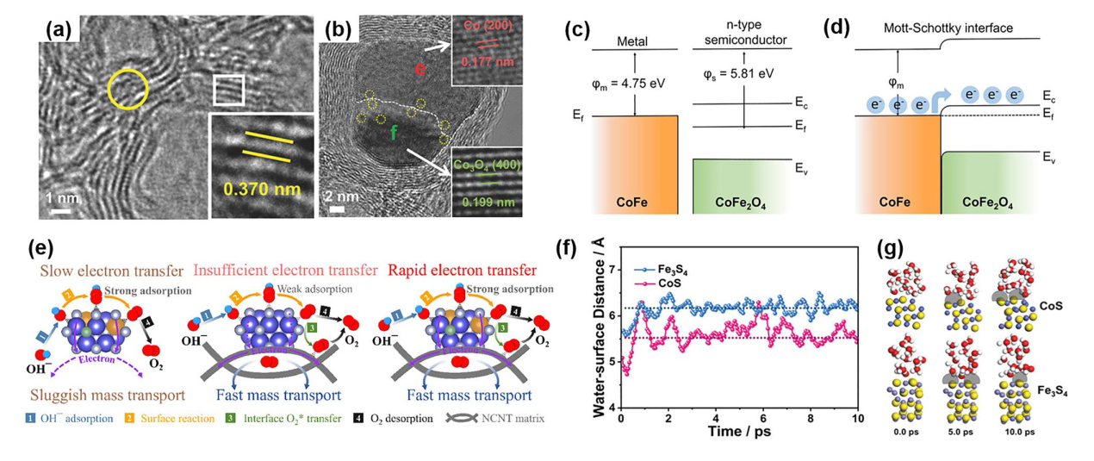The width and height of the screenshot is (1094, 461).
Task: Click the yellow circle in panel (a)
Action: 127,90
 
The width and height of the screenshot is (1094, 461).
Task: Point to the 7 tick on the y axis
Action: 611,270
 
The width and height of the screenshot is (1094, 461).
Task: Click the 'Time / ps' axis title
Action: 738,432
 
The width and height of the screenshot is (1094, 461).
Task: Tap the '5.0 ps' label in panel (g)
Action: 964,432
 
